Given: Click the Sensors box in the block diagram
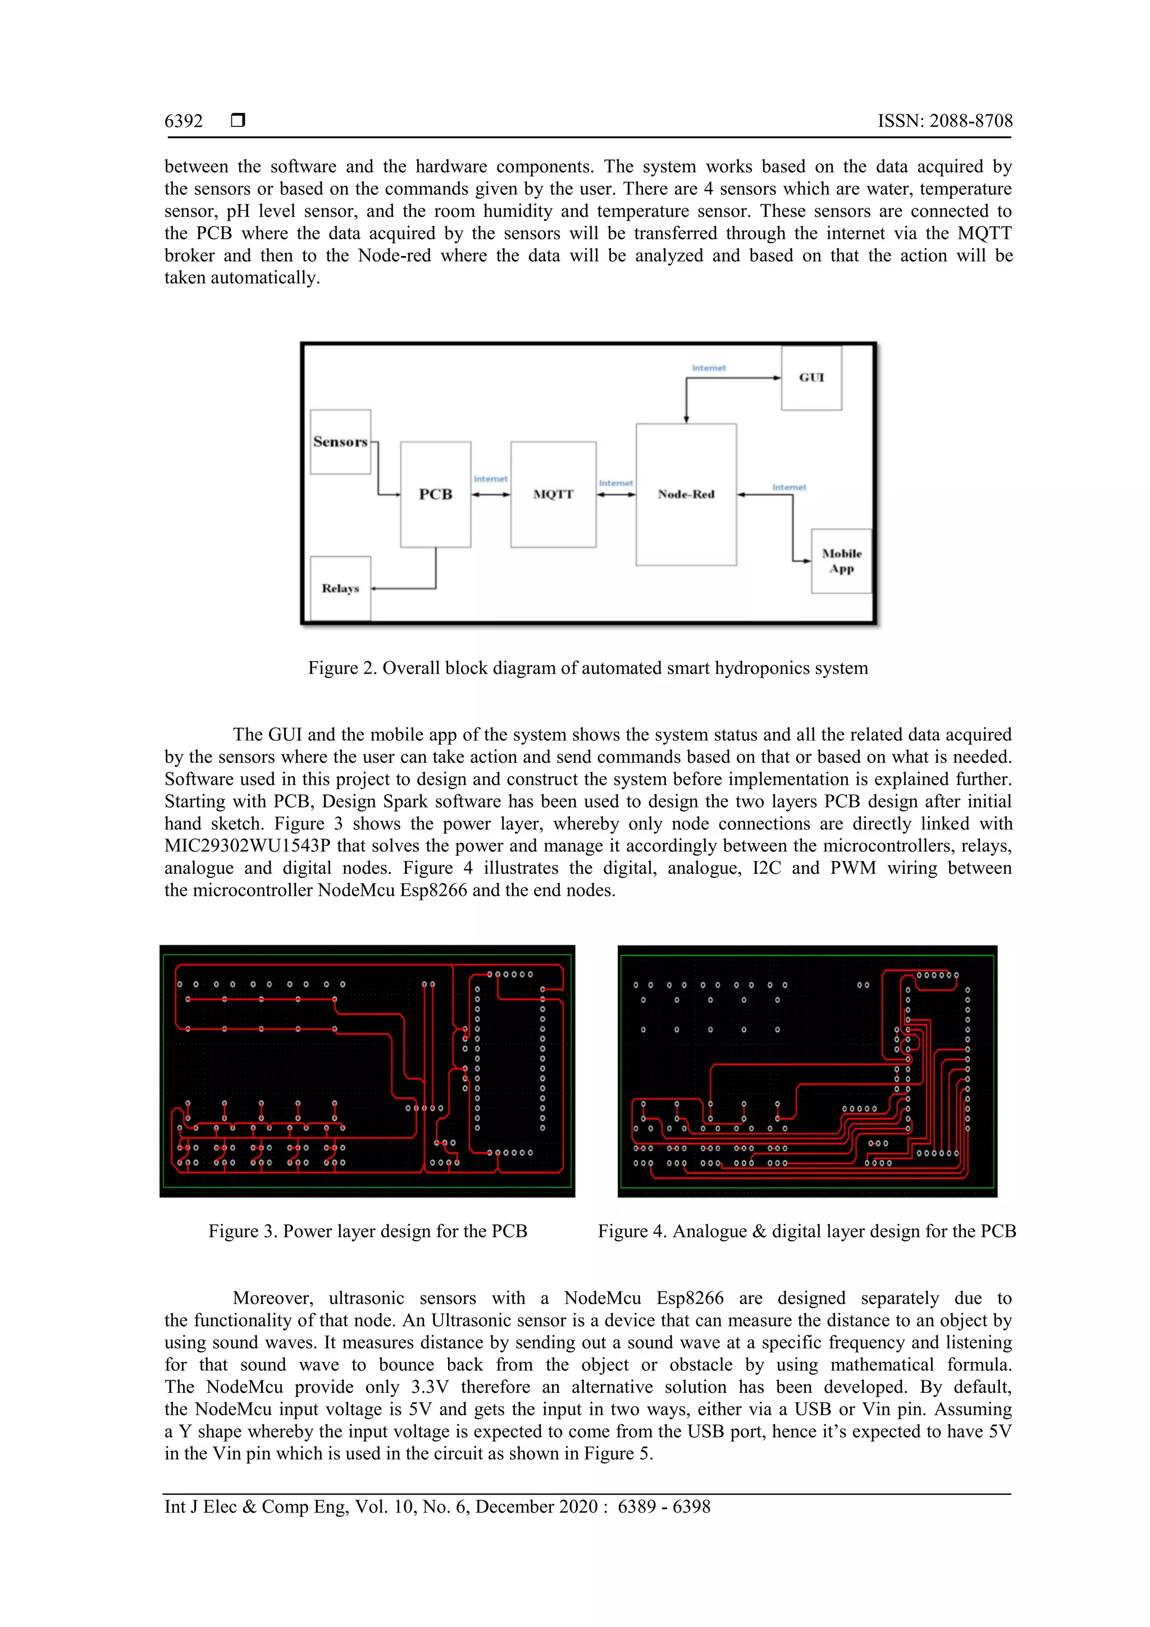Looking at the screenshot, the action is tap(340, 441).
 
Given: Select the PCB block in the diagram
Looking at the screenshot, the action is tap(435, 494).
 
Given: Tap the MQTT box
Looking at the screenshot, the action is tap(553, 494).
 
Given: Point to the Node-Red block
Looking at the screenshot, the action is tap(685, 494).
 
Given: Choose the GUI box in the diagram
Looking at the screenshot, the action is tap(811, 378).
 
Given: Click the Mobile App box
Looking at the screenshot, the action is tap(841, 560).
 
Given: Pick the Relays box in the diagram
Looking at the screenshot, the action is tap(340, 588).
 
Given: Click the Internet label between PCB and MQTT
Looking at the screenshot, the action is tap(490, 479).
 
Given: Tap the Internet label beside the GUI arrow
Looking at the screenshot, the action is tap(709, 368).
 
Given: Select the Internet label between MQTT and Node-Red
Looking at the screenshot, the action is tap(616, 484).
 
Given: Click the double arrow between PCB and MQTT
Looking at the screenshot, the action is tap(490, 495).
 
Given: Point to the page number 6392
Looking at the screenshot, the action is tap(184, 121).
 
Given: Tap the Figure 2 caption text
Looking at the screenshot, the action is tap(587, 668).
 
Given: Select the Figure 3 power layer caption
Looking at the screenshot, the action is tap(368, 1231).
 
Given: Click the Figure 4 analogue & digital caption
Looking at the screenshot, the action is tap(806, 1231).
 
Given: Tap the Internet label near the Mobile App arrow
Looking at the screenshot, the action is tap(788, 487).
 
